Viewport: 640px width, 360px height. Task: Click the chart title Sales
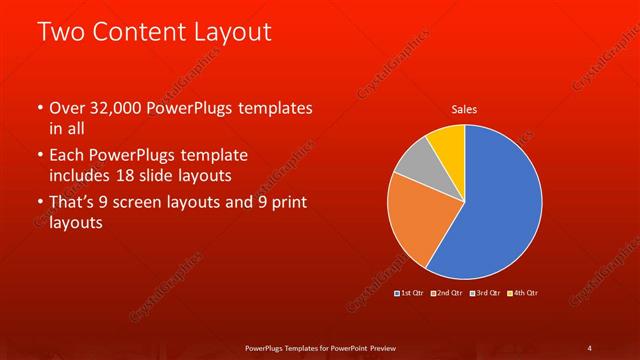(x=464, y=108)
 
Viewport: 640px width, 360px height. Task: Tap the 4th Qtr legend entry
(x=524, y=292)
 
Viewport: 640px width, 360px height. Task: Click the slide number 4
(x=589, y=347)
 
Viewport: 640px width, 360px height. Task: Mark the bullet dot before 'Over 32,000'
(x=39, y=108)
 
